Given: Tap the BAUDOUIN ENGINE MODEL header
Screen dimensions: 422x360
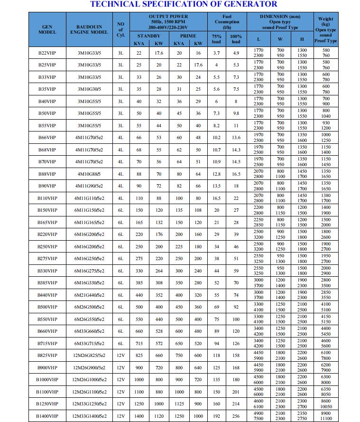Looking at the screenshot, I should pos(89,29).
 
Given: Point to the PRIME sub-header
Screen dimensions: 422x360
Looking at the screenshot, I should pos(188,36).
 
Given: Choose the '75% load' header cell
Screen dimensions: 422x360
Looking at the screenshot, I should pos(216,39).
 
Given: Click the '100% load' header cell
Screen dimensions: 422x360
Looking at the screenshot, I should pos(236,39).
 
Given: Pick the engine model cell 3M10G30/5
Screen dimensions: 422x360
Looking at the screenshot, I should pos(89,89).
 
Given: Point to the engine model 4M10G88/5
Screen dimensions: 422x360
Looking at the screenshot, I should pos(89,174).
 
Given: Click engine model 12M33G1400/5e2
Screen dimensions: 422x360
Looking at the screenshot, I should pos(89,416).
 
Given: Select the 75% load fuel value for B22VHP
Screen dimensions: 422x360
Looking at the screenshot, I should pos(216,53).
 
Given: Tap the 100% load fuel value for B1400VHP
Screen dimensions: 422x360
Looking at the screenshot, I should pos(236,416).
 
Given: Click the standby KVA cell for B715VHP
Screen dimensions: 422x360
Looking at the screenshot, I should pos(139,343).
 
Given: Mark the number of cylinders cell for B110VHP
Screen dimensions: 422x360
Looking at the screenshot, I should pos(120,198).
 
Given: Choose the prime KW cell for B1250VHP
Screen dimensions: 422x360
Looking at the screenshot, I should pos(198,404).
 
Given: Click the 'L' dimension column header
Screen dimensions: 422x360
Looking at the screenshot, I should pos(258,39).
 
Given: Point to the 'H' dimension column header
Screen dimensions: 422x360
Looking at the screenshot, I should pos(302,39).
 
